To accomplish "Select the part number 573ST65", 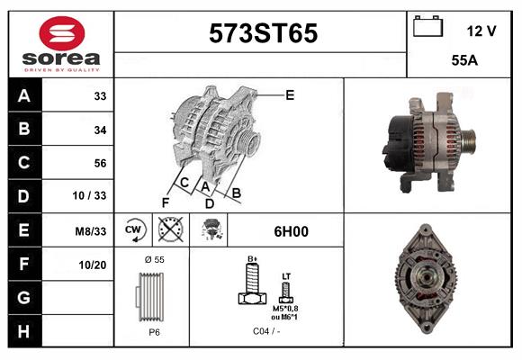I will pyautogui.click(x=263, y=34).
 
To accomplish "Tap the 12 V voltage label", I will pyautogui.click(x=481, y=31).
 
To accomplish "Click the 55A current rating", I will pyautogui.click(x=463, y=61).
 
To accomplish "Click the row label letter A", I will pyautogui.click(x=23, y=96).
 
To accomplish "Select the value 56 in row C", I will pyautogui.click(x=100, y=163).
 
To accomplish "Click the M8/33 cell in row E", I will pyautogui.click(x=91, y=230).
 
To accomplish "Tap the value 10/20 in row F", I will pyautogui.click(x=94, y=265).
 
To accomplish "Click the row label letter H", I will pyautogui.click(x=23, y=331).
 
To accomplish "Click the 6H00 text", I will pyautogui.click(x=291, y=231).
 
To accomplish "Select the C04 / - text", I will pyautogui.click(x=265, y=332).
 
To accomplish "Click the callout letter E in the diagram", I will pyautogui.click(x=290, y=94).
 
